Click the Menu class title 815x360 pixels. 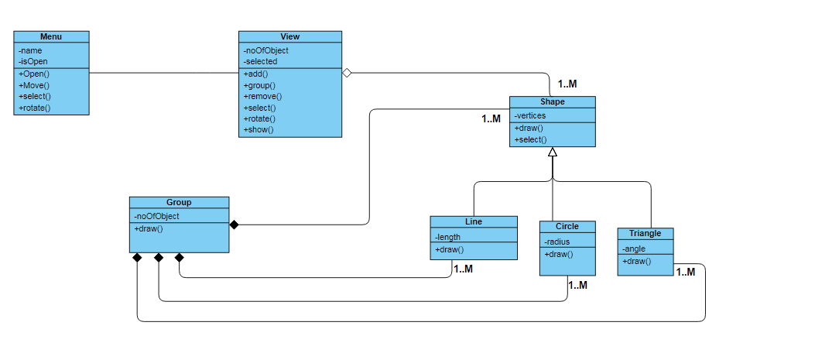pos(51,36)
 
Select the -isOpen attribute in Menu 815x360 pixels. pos(33,61)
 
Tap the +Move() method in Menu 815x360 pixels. pos(34,85)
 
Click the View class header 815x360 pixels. pos(290,36)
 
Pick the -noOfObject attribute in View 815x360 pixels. pos(265,50)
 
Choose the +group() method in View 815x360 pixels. pos(260,85)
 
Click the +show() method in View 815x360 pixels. pos(259,129)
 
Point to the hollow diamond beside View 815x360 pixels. pos(347,73)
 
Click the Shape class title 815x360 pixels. pos(552,101)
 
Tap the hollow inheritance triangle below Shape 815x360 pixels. pos(553,153)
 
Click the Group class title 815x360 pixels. pos(179,202)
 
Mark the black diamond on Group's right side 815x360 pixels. pos(234,225)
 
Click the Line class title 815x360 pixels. pos(474,221)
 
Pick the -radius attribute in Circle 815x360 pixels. pos(557,242)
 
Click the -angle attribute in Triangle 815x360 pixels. pos(634,249)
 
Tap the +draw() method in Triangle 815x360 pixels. pos(637,262)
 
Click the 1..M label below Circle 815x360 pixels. pos(577,285)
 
